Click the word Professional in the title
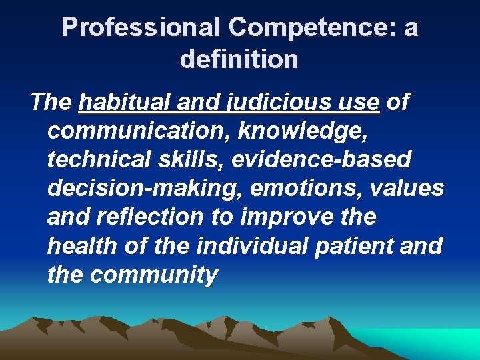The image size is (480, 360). (x=141, y=28)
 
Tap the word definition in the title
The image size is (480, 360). (x=239, y=59)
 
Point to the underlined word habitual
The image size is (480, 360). (x=125, y=103)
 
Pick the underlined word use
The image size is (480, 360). (x=361, y=103)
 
